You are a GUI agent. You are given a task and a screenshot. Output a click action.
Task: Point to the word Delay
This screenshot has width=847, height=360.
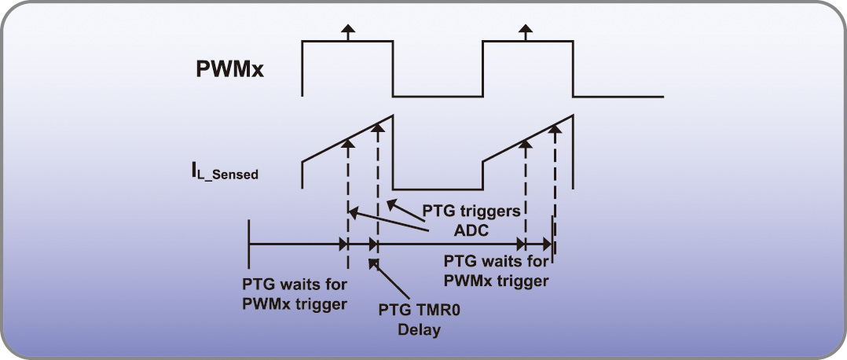(420, 330)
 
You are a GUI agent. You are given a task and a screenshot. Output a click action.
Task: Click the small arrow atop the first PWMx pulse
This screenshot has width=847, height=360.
(347, 32)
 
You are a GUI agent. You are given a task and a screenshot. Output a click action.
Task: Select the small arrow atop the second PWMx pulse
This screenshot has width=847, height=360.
(525, 32)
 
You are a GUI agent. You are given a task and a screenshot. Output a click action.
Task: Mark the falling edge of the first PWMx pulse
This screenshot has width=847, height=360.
(393, 69)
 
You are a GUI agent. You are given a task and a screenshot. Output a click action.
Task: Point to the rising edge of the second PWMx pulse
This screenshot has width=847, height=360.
(482, 69)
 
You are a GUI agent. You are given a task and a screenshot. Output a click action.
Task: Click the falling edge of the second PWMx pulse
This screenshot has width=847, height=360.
(573, 69)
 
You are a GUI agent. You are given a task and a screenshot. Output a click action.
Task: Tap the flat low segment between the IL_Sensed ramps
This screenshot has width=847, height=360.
(438, 189)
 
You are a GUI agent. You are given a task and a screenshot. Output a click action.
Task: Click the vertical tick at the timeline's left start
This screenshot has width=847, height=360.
(249, 244)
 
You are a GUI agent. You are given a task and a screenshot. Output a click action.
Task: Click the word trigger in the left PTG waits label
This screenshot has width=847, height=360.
(319, 303)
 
